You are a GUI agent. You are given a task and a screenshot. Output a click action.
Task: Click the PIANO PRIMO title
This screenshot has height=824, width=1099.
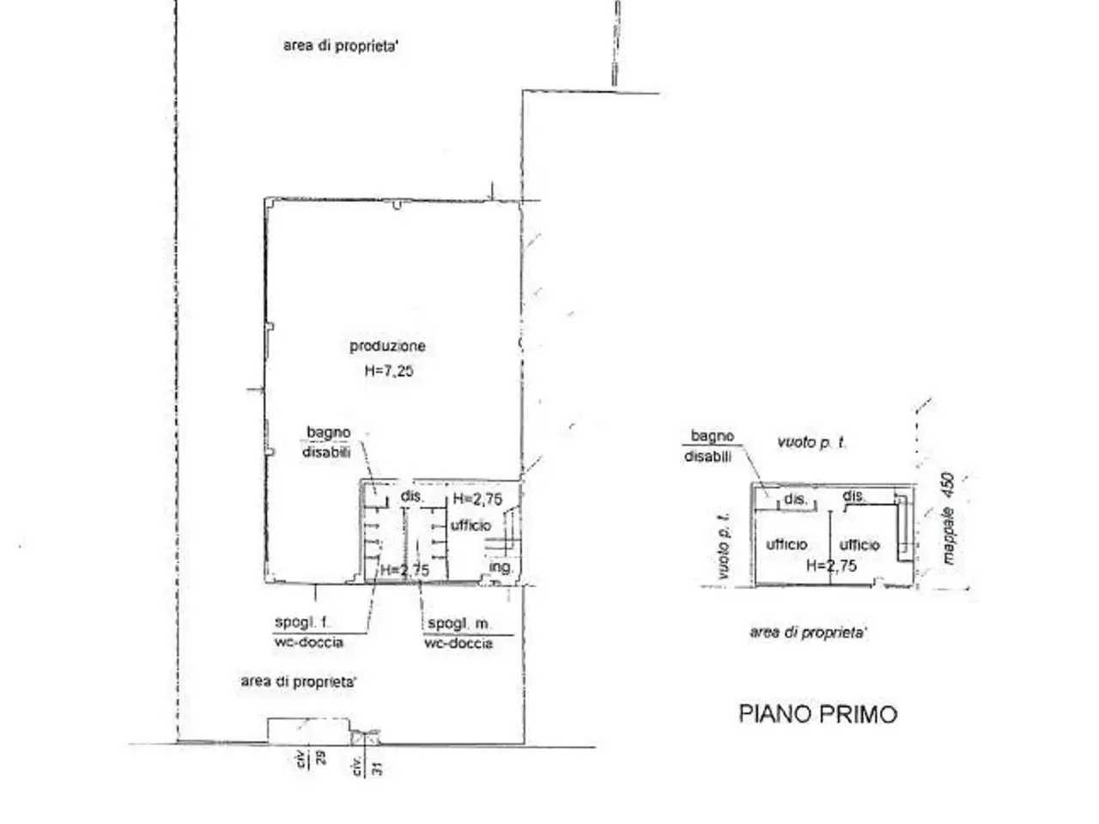pos(817,714)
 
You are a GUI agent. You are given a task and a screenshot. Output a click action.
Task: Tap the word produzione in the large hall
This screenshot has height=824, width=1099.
pos(387,346)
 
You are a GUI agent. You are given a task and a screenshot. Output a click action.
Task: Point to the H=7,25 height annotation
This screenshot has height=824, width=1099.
pos(389,371)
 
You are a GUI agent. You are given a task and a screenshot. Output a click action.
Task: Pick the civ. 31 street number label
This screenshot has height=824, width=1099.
pos(367,766)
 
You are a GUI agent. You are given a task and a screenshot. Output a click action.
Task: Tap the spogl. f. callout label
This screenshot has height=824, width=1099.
pos(302,622)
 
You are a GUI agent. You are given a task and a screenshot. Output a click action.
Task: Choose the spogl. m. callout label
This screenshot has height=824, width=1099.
pos(459,623)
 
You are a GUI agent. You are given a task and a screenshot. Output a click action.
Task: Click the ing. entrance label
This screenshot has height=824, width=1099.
pos(501,566)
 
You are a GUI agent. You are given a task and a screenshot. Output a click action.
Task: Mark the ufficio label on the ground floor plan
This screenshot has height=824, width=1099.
pos(471,525)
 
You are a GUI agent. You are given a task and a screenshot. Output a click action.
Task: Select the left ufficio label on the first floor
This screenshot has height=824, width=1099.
pos(786,544)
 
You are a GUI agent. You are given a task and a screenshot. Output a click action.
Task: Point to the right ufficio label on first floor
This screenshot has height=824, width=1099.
pos(859,545)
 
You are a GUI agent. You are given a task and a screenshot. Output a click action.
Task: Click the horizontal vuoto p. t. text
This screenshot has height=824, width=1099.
pos(811,442)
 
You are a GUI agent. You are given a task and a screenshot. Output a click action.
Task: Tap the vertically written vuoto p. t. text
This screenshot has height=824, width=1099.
pos(724,546)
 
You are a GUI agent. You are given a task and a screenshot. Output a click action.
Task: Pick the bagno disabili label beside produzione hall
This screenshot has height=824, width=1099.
pos(328,442)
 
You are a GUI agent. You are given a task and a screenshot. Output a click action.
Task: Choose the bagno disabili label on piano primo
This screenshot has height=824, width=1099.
pos(710,446)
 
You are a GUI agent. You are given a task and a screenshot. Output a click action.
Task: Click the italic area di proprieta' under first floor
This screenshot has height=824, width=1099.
pos(808,633)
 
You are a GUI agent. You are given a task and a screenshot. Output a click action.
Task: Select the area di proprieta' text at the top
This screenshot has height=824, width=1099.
pos(341,46)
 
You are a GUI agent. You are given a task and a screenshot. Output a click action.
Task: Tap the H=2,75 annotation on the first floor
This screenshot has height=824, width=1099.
pos(832,566)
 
